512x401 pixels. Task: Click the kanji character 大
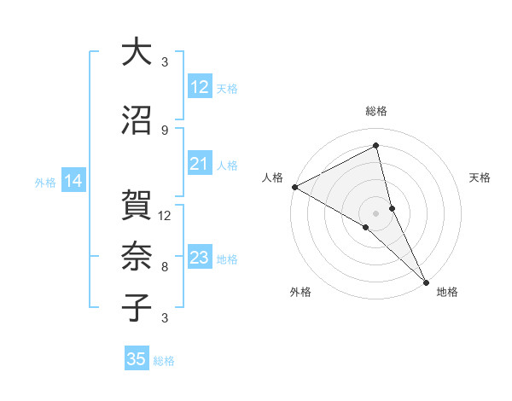click(137, 52)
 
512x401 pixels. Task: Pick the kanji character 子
click(137, 308)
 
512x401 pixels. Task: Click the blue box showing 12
click(200, 87)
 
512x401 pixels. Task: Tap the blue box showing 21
click(200, 164)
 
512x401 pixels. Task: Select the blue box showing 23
click(200, 258)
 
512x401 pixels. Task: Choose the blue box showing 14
click(73, 181)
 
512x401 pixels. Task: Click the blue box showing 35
click(137, 359)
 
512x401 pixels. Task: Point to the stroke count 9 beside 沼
click(165, 130)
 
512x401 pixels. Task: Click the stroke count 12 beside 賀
click(165, 215)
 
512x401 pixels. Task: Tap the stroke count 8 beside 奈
click(165, 266)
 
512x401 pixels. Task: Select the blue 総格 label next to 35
click(164, 361)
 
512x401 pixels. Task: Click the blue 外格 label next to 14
click(45, 182)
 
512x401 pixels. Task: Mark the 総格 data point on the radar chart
click(376, 146)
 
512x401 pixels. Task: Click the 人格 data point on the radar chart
click(294, 186)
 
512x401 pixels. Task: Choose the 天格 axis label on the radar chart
click(480, 177)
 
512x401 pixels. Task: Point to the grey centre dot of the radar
click(375, 212)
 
